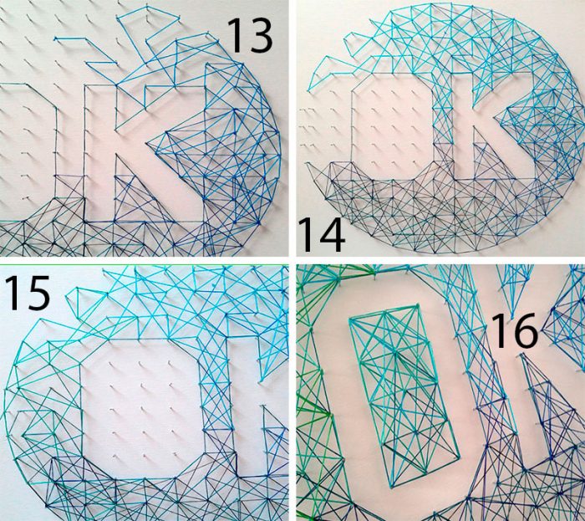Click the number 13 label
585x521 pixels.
tap(250, 35)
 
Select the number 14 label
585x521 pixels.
tap(322, 235)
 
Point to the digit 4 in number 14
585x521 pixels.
tap(332, 235)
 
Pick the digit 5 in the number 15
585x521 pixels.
tap(37, 293)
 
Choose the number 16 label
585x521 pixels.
tap(516, 331)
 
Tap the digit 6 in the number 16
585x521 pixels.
tap(526, 331)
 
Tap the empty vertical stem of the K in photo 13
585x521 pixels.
tap(100, 153)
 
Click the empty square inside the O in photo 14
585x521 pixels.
tap(393, 127)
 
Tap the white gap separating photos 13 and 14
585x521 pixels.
tap(292, 128)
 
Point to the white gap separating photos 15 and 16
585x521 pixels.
tap(292, 392)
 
